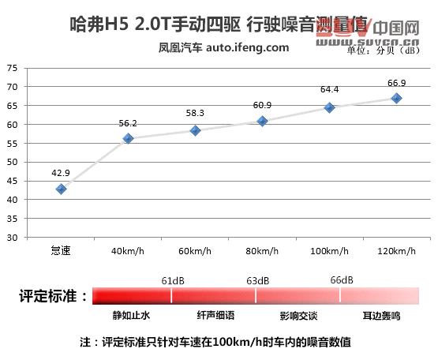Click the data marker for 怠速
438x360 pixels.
pos(61,189)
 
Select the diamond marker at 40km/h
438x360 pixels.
pos(128,139)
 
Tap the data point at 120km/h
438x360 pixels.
pos(396,98)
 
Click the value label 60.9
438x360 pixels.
pos(262,105)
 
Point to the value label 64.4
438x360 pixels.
pos(329,89)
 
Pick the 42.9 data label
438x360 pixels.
pos(61,173)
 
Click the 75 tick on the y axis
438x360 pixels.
pos(13,68)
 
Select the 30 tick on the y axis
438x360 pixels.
pos(13,237)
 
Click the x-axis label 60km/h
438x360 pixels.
pos(195,251)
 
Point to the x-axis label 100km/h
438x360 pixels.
pos(329,251)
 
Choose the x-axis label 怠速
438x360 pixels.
pos(61,251)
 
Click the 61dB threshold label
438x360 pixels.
pos(173,280)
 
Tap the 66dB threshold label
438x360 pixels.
pos(342,280)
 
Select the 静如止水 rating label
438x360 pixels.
pos(131,315)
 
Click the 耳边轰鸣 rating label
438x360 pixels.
pos(382,315)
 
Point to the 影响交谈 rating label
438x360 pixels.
pos(298,315)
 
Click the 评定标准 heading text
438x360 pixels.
pos(47,297)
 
